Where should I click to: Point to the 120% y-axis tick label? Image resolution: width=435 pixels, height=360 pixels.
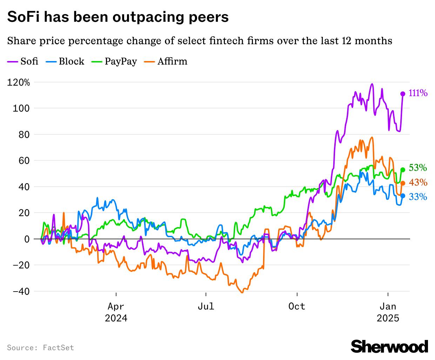tap(19, 82)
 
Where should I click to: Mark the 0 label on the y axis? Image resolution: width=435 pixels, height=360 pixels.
tap(27, 239)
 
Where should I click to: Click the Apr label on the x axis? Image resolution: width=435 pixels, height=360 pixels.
tap(116, 306)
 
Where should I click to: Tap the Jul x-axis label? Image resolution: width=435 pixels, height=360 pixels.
tap(206, 306)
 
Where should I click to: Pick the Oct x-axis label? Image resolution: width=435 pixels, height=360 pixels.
tap(297, 306)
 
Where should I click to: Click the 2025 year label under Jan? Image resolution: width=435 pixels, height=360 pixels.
tap(388, 318)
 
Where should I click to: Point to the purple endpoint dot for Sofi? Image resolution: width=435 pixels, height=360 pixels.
tap(403, 94)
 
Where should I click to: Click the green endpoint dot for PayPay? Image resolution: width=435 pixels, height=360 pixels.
tap(403, 170)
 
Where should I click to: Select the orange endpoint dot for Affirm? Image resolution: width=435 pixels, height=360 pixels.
tap(403, 183)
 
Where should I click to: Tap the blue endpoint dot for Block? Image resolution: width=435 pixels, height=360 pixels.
tap(403, 196)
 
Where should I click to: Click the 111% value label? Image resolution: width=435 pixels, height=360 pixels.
tap(418, 93)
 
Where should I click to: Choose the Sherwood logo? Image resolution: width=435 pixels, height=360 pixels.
tap(389, 346)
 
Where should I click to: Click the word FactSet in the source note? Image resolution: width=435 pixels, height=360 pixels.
tap(58, 348)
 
